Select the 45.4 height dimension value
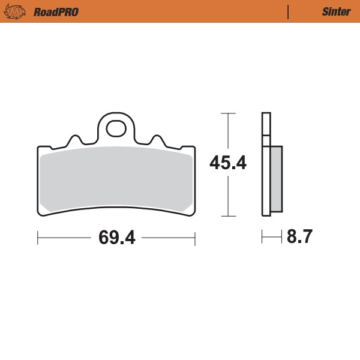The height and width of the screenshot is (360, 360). (227, 163)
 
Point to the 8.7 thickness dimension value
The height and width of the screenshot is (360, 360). (299, 237)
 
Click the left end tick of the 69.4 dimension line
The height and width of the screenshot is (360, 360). (38, 238)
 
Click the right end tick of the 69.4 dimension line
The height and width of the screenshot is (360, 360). (196, 238)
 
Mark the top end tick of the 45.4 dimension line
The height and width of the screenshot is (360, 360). (227, 113)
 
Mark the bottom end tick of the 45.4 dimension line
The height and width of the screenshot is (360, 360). (227, 215)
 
